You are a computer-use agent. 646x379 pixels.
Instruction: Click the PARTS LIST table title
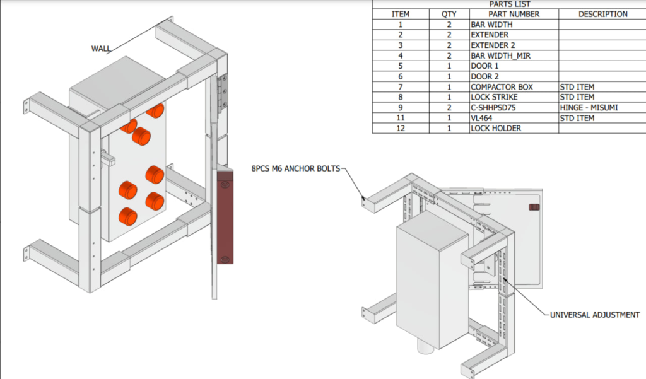[x=509, y=4]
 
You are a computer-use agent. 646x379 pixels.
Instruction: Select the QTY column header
[x=449, y=14]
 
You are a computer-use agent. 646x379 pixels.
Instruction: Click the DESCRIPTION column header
[x=602, y=14]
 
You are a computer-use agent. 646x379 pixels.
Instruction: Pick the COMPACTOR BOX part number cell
[x=502, y=87]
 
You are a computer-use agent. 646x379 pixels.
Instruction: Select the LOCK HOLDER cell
[x=496, y=129]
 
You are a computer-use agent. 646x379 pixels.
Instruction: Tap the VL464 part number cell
[x=483, y=118]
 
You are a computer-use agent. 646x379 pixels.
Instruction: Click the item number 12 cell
[x=401, y=129]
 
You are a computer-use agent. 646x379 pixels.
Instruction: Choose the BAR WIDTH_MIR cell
[x=501, y=55]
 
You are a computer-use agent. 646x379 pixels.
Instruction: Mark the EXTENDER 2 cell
[x=494, y=45]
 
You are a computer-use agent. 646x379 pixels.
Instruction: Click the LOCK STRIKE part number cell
[x=494, y=97]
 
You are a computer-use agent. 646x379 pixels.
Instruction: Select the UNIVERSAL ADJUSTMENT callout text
[x=594, y=315]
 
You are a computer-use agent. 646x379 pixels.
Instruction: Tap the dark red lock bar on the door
[x=224, y=214]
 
